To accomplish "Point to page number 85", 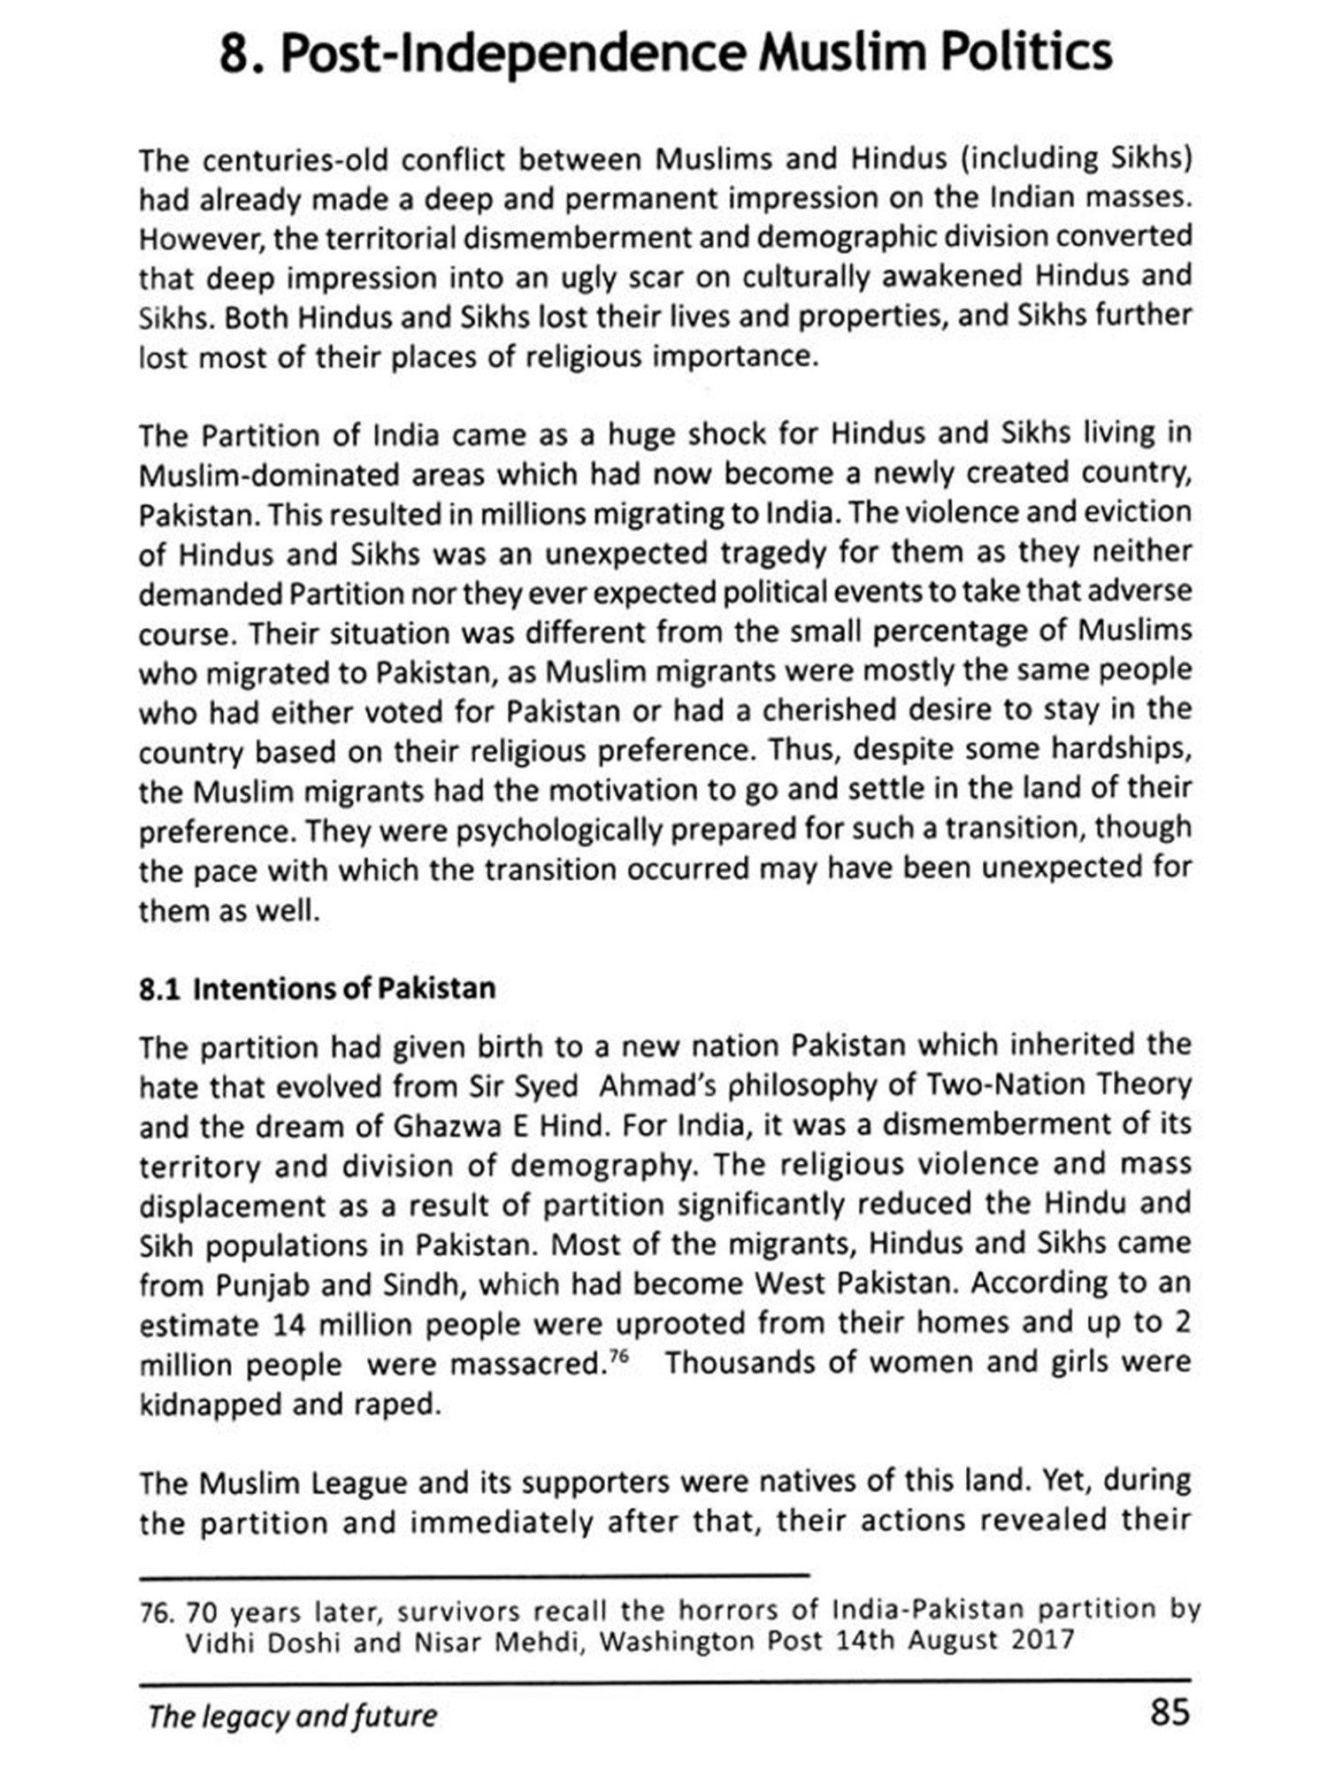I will tap(1170, 1712).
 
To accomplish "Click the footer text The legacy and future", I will tap(292, 1716).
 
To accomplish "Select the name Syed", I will tap(545, 1086).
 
